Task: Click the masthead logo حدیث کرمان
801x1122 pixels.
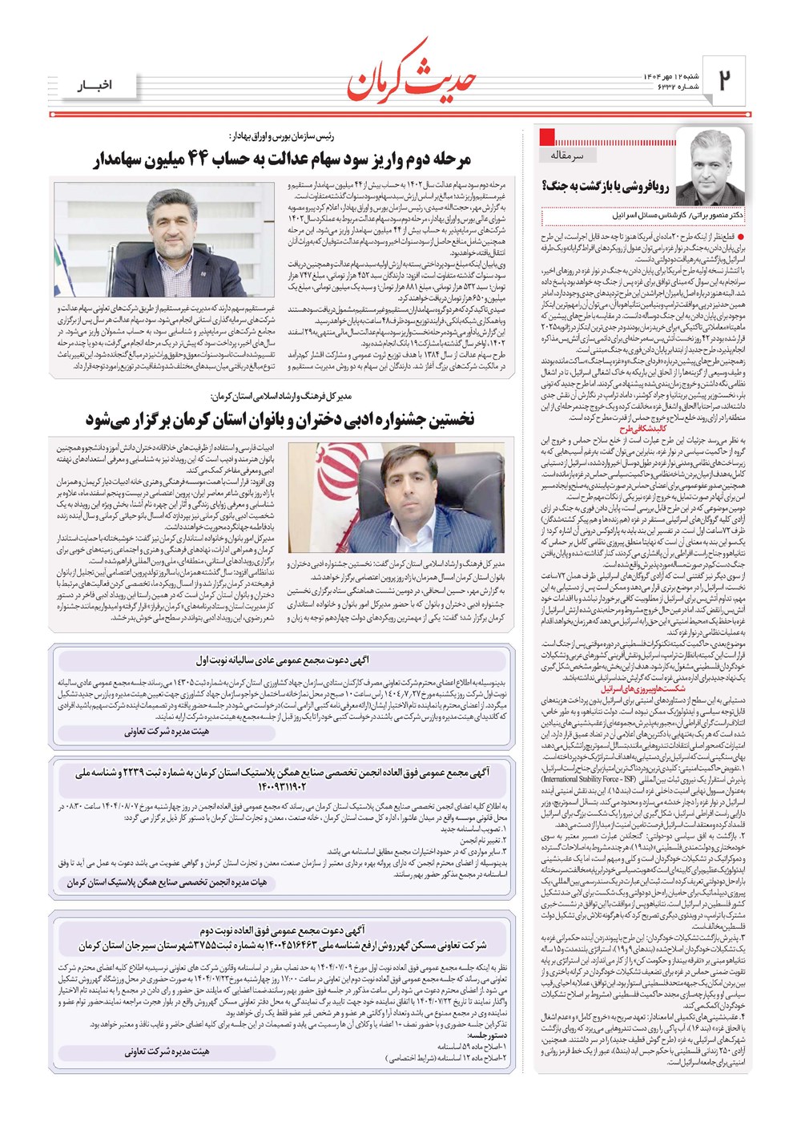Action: [x=412, y=70]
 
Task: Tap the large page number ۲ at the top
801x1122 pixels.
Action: [x=726, y=80]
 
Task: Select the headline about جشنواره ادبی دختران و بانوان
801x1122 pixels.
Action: [x=280, y=419]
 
